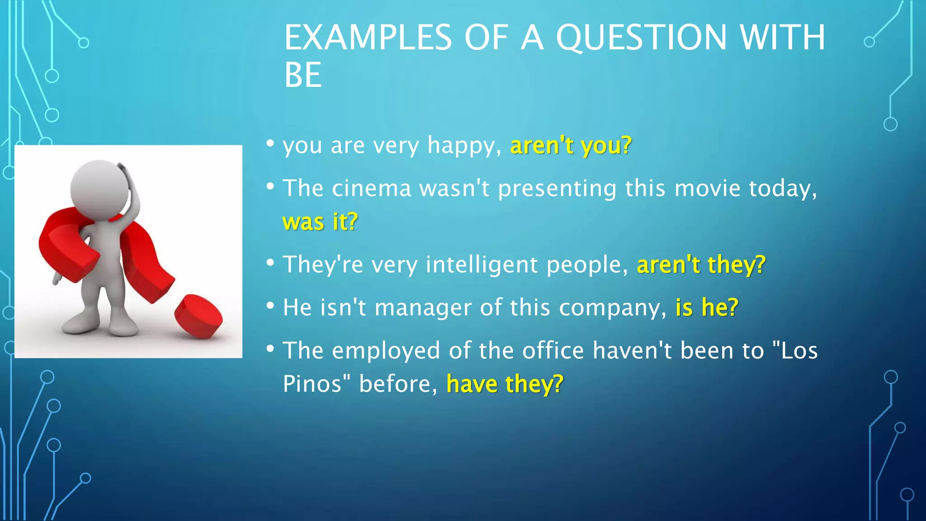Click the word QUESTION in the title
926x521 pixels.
click(641, 38)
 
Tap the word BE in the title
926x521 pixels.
click(302, 76)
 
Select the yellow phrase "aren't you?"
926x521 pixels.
click(571, 146)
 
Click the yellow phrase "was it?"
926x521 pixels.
click(320, 222)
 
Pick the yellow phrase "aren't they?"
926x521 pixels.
click(701, 265)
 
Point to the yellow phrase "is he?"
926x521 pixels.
click(707, 308)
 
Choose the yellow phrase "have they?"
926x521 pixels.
click(505, 384)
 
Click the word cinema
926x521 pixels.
click(371, 189)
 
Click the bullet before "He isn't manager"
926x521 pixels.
click(270, 306)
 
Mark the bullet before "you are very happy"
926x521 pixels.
click(270, 144)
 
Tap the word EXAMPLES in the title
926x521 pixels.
click(368, 38)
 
